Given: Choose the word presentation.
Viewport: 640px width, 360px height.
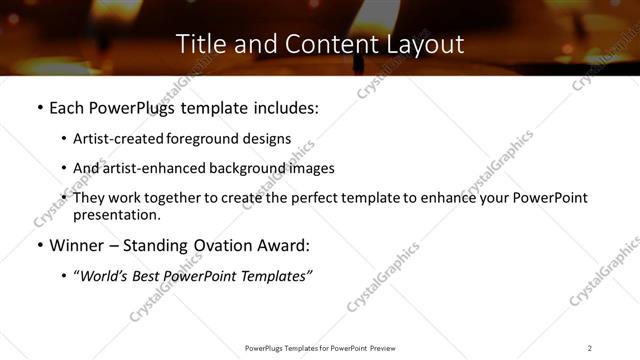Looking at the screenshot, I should tap(116, 214).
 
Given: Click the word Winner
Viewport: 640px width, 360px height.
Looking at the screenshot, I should tap(78, 245).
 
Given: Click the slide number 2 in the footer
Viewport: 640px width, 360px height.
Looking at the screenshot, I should tap(590, 348).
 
